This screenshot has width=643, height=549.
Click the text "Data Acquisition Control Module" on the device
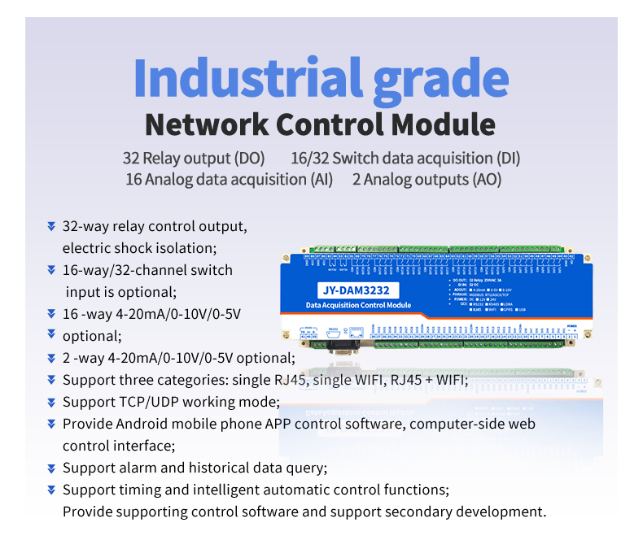(358, 305)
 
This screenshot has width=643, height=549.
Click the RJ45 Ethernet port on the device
(356, 333)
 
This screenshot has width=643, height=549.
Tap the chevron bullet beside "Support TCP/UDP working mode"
(51, 403)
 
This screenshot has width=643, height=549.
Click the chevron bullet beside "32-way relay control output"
(51, 226)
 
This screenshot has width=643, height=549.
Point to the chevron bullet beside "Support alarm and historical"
(51, 468)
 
